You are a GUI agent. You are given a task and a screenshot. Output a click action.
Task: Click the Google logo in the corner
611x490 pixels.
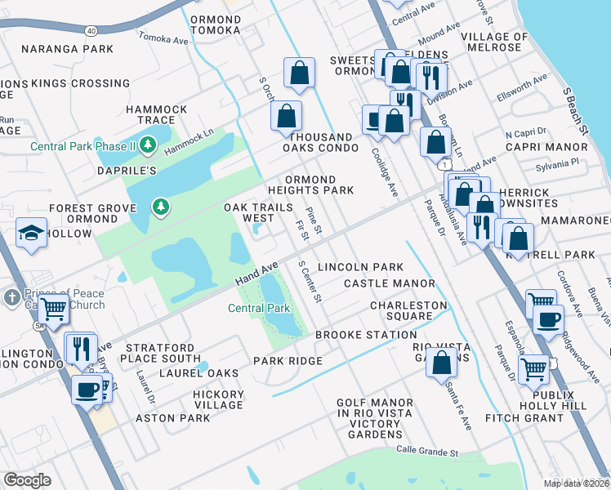click(26, 480)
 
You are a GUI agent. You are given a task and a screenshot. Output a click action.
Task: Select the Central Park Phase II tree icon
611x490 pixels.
click(148, 146)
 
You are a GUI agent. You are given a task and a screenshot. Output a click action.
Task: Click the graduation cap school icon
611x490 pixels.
click(31, 234)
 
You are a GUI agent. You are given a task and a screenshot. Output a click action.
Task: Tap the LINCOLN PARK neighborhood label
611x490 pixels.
click(360, 267)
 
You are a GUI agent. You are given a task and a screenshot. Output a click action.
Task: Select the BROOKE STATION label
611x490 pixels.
click(366, 335)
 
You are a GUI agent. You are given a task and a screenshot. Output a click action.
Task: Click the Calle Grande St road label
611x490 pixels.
click(427, 450)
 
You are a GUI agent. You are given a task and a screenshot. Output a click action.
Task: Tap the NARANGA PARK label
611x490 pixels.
click(68, 49)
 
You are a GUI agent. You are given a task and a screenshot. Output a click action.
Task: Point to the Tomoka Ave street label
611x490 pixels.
click(163, 38)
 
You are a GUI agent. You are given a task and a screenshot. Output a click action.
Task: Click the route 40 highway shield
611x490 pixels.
click(91, 31)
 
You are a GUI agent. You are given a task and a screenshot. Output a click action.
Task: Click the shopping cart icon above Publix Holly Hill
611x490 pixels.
click(533, 369)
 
